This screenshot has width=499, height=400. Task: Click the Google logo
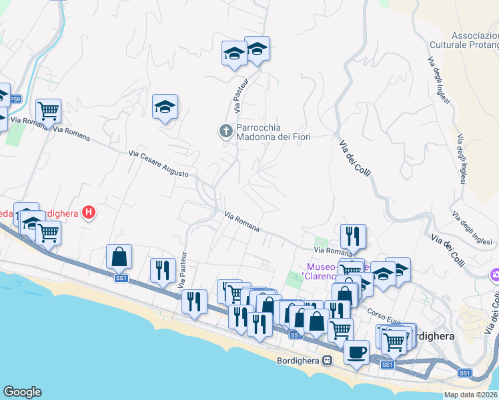coord(23,392)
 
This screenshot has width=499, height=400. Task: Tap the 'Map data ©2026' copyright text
coord(471,395)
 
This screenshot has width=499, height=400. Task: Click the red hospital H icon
coord(89,213)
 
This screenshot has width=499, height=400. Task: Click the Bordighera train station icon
coord(327,361)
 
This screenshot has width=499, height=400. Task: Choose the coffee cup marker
coord(356,351)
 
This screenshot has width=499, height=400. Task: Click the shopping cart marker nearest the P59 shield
coord(48,110)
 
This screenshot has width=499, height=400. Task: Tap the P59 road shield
coord(15,99)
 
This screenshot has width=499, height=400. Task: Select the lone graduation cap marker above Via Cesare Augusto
coord(165,107)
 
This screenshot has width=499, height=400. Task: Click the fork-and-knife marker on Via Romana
coord(352,235)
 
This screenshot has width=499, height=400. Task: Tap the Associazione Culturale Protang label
coord(475,40)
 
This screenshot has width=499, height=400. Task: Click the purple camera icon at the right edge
coord(494,274)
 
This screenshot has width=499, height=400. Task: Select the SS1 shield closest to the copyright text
coord(465,374)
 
